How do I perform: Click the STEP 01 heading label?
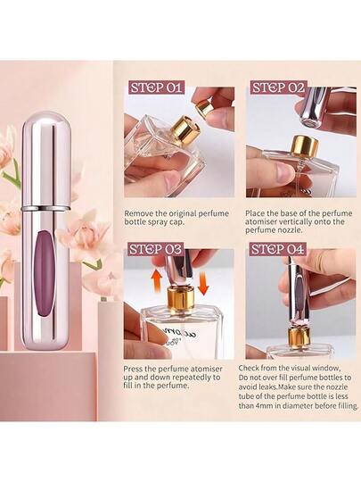156,87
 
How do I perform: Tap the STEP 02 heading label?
278,87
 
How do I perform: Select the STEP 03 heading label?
156,249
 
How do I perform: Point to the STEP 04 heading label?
278,249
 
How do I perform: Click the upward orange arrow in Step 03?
157,280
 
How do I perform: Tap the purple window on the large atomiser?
45,273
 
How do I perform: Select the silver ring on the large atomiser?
45,208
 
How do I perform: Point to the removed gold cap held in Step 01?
203,109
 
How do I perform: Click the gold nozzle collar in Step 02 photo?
304,145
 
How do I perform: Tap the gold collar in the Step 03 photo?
179,298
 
